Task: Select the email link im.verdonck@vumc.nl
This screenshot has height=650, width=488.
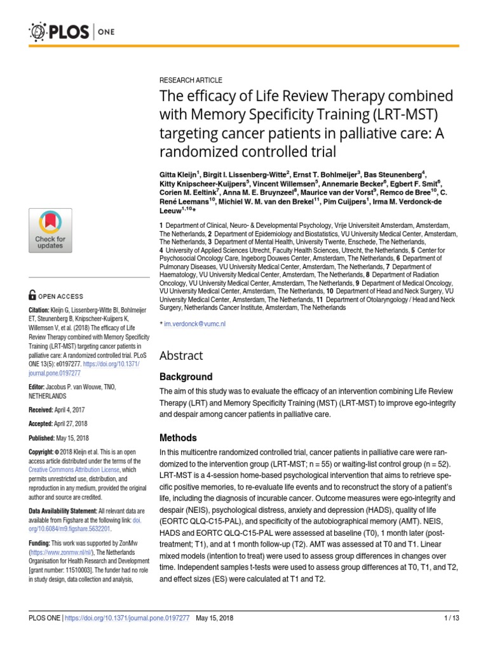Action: point(195,324)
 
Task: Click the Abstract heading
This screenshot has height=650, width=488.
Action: point(181,355)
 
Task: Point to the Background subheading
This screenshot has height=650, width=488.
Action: point(186,376)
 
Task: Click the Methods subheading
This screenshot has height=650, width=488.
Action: point(178,438)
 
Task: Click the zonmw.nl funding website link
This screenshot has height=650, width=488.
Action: point(63,553)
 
